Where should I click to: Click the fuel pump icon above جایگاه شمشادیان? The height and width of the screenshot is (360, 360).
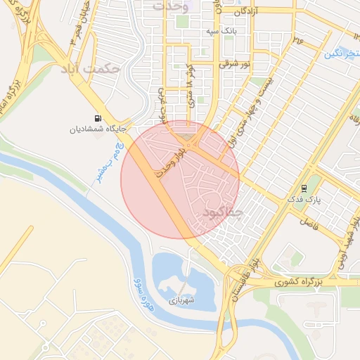pyautogui.click(x=96, y=118)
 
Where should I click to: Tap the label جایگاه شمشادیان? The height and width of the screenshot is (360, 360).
pyautogui.click(x=97, y=129)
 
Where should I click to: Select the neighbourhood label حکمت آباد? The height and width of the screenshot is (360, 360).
pyautogui.click(x=110, y=70)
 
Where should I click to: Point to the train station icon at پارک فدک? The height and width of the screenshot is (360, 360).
pyautogui.click(x=304, y=188)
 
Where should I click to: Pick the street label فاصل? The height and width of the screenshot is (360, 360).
pyautogui.click(x=308, y=221)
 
